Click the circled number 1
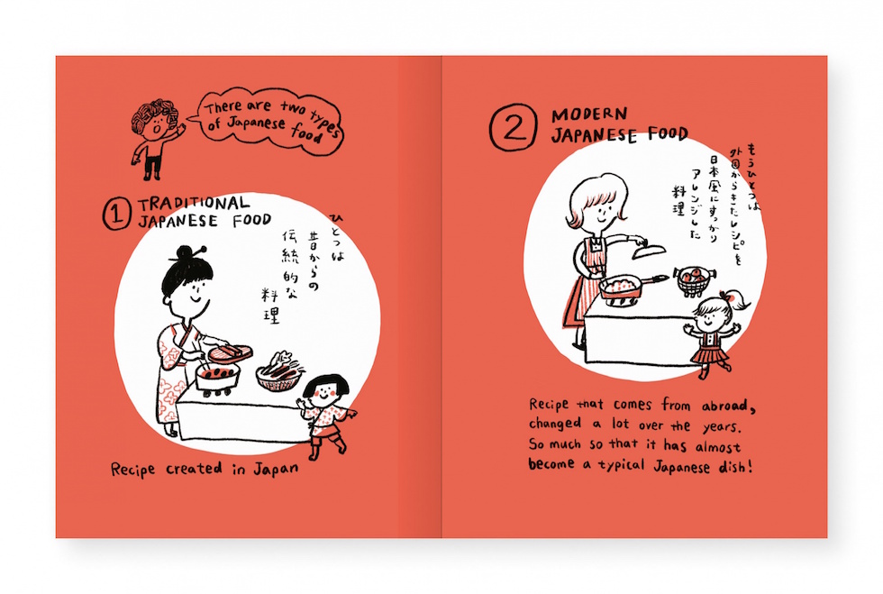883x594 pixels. (116, 215)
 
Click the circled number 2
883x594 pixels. (513, 127)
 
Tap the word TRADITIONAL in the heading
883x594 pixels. (194, 204)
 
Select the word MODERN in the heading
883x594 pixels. (589, 114)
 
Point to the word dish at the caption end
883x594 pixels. (734, 467)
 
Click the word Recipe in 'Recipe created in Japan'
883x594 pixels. (133, 470)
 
